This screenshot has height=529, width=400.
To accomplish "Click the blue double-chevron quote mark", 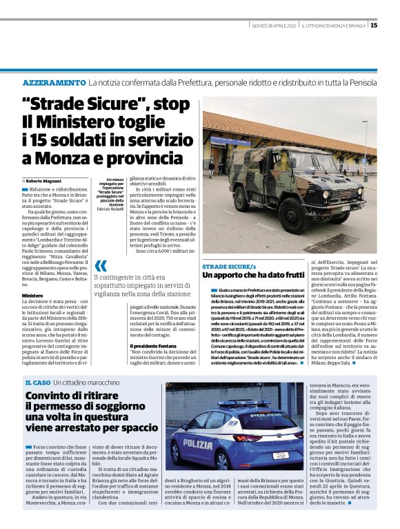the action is point(101,267).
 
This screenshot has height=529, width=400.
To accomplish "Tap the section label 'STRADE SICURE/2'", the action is point(228,266).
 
